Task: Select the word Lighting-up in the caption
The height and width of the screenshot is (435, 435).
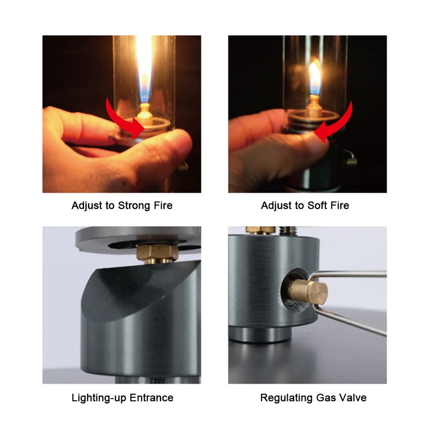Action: pos(99,398)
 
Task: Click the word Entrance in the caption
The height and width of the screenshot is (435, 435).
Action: pos(151,398)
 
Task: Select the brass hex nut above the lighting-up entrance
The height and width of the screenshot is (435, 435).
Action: pos(157,252)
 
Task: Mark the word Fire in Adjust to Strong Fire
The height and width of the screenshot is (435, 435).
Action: pos(163,206)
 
